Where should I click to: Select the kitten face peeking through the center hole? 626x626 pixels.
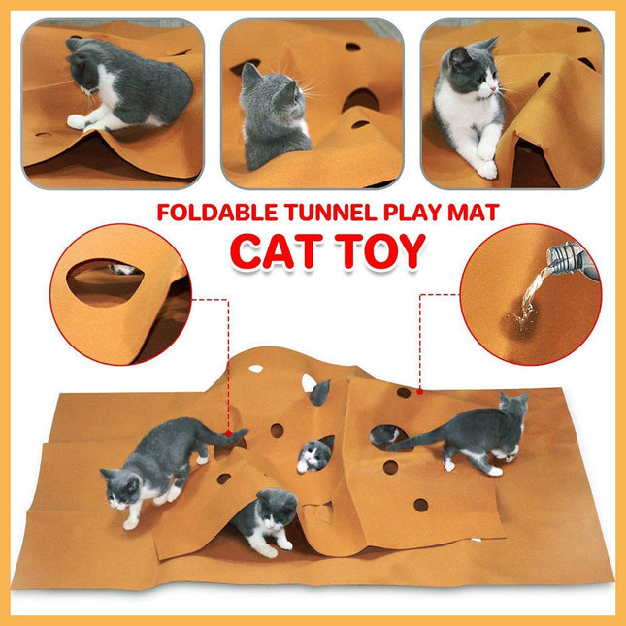point(313,454)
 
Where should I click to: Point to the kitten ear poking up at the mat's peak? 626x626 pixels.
point(319,391)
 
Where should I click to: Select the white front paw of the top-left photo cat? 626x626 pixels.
point(78,121)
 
